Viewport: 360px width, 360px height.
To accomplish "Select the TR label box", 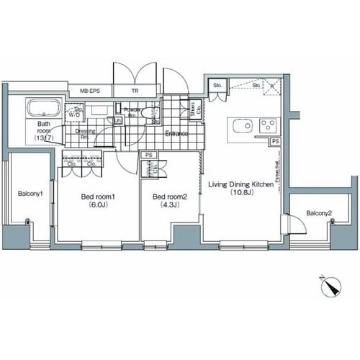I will [x=135, y=91].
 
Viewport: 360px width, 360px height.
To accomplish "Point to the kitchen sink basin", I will [x=240, y=127].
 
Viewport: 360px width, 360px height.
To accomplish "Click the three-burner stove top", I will [x=268, y=125].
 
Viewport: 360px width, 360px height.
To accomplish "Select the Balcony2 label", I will [x=318, y=214].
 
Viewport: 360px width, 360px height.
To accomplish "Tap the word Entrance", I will [x=177, y=135].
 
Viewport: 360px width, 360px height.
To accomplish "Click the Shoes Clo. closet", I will [x=193, y=109].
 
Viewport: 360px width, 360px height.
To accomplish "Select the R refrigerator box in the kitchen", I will [x=273, y=86].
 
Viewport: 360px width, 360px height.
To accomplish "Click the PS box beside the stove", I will [x=276, y=142].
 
